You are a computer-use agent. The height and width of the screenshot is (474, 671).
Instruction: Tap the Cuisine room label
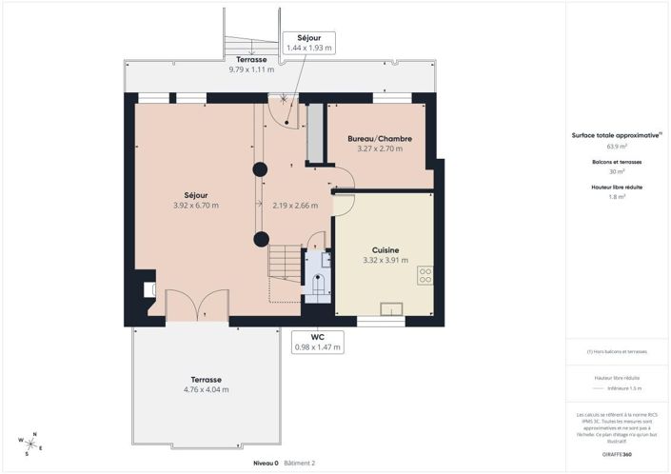pos(385,249)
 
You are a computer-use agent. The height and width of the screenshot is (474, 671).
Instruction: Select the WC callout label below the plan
pos(317,342)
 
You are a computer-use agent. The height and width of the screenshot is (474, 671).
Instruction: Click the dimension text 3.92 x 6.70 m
pos(196,206)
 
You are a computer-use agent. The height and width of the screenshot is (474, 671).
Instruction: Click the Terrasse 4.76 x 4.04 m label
pos(206,385)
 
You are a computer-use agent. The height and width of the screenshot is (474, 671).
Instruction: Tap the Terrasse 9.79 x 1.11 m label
pos(251,65)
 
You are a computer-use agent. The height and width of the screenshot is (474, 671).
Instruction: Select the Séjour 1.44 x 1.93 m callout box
pos(309,41)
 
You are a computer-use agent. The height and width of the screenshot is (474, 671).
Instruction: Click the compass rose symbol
pos(31,443)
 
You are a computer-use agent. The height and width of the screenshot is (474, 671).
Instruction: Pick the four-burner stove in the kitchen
pos(424,275)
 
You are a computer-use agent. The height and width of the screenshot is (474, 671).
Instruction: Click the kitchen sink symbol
pos(390,308)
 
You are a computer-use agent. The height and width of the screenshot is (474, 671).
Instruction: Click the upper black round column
pos(259,169)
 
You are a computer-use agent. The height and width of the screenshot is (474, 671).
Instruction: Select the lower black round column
pos(259,238)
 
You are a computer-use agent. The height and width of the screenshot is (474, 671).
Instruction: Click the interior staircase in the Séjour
pos(283,263)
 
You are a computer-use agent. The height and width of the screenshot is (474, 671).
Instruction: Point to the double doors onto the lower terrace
pos(197,306)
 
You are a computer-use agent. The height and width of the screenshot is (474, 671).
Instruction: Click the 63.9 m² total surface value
pos(616,148)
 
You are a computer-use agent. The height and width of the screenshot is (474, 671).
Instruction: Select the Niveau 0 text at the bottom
pos(266,464)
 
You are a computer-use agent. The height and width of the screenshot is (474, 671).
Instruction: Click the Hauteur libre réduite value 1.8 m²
pos(616,196)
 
